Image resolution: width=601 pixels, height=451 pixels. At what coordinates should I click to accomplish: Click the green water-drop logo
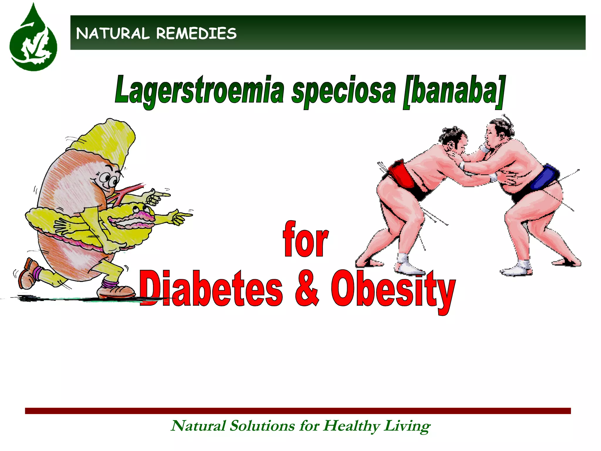click(33, 41)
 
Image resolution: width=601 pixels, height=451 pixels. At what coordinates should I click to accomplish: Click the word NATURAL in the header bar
click(113, 33)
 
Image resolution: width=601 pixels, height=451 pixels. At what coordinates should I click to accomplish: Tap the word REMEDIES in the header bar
click(196, 33)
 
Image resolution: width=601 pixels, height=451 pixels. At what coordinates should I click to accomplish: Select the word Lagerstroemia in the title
click(200, 90)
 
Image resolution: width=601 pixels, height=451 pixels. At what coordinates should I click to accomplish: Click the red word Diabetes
click(211, 289)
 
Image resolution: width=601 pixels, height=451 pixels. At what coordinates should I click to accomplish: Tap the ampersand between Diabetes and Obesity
click(306, 290)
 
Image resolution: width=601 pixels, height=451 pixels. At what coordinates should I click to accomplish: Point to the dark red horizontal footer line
click(298, 411)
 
